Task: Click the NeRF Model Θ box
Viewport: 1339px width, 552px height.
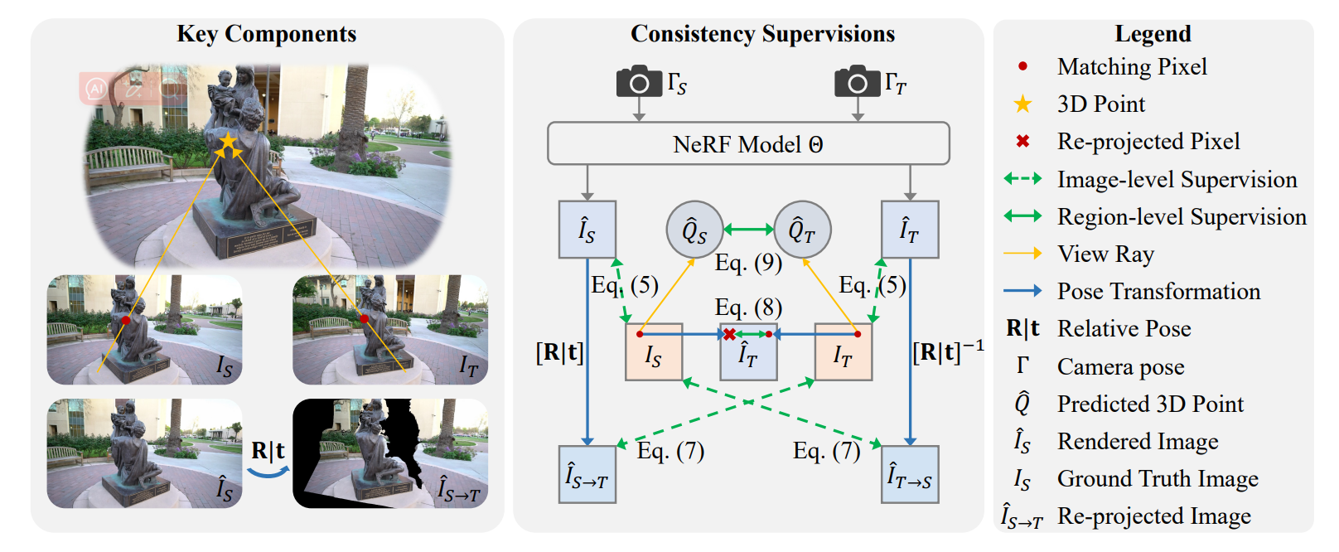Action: pyautogui.click(x=747, y=144)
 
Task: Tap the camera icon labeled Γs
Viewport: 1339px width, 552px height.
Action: pyautogui.click(x=639, y=82)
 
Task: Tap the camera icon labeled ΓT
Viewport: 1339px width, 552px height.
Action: pyautogui.click(x=857, y=82)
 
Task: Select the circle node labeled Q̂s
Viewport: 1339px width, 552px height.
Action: pyautogui.click(x=694, y=230)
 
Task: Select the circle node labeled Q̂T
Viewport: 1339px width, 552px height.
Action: pyautogui.click(x=802, y=230)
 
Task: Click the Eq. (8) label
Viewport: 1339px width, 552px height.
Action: pyautogui.click(x=748, y=307)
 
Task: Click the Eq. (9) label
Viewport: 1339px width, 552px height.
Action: pyautogui.click(x=748, y=263)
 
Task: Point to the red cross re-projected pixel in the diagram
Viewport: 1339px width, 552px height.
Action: pyautogui.click(x=729, y=334)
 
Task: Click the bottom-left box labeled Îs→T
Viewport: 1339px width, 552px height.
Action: pyautogui.click(x=587, y=475)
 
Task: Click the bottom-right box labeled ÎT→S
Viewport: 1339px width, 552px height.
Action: pyautogui.click(x=910, y=475)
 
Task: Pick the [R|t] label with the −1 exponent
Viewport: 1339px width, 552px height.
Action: pyautogui.click(x=948, y=351)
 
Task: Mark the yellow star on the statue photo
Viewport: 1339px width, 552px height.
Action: pyautogui.click(x=227, y=142)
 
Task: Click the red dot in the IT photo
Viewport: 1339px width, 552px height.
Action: pyautogui.click(x=364, y=318)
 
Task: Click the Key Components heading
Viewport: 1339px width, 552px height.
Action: pyautogui.click(x=266, y=34)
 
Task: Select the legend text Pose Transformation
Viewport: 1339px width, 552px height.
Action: pyautogui.click(x=1158, y=292)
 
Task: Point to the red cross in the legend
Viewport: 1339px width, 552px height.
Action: pyautogui.click(x=1022, y=142)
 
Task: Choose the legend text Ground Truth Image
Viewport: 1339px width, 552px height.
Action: pyautogui.click(x=1158, y=479)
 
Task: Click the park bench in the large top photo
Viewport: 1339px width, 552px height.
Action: pyautogui.click(x=128, y=164)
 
